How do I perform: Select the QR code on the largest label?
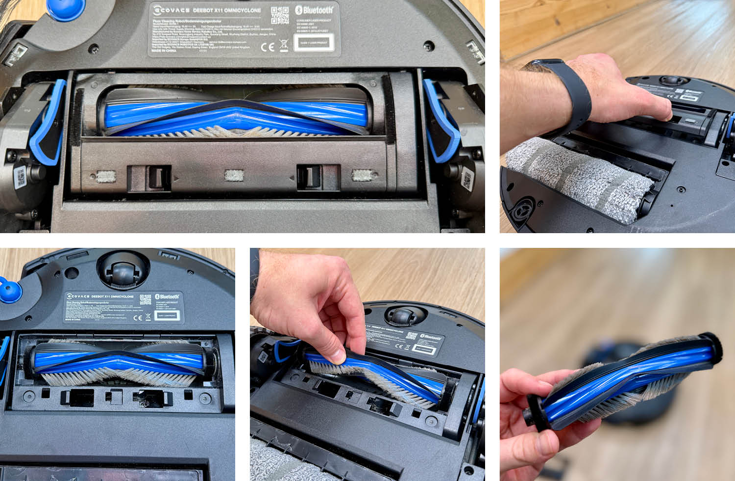[280, 15]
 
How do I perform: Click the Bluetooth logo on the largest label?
[314, 10]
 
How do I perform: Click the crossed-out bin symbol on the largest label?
[284, 46]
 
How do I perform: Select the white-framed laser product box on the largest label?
[317, 42]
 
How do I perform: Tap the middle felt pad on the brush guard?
[234, 176]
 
